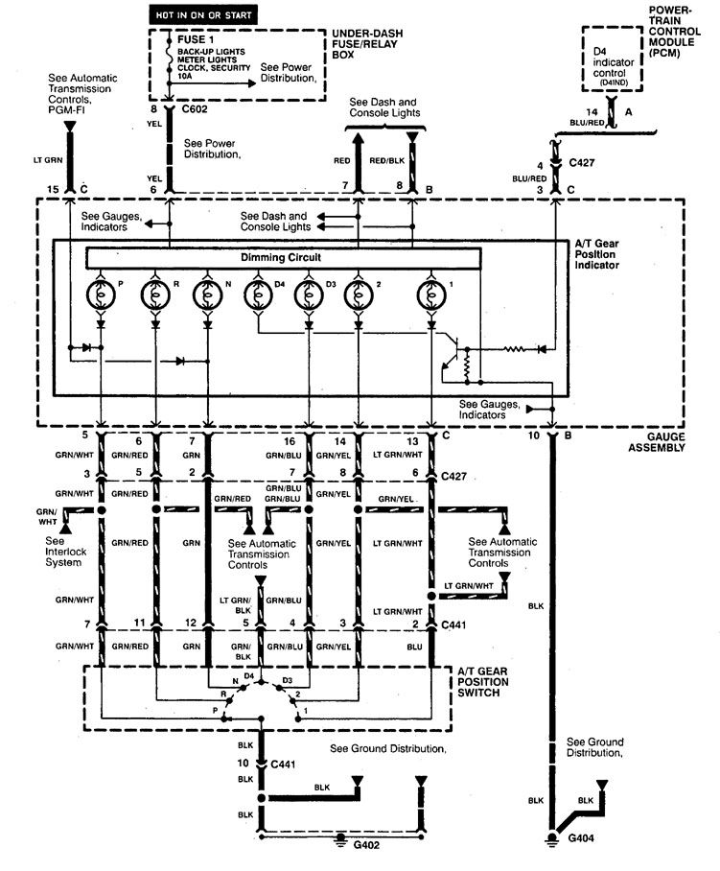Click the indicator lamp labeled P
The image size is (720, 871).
tap(101, 294)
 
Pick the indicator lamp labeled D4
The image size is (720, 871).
tap(258, 294)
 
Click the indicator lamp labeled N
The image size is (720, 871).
tap(206, 294)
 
